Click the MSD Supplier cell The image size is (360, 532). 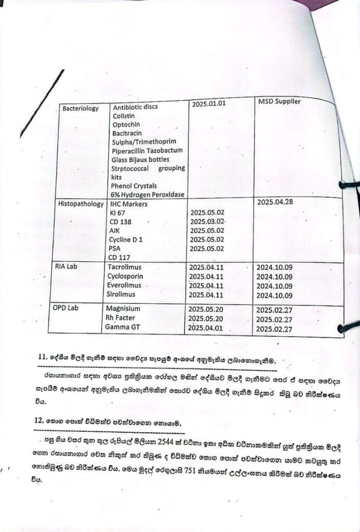pos(279,101)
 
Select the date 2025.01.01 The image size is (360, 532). pos(209,104)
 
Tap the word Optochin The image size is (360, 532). pos(127,125)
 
